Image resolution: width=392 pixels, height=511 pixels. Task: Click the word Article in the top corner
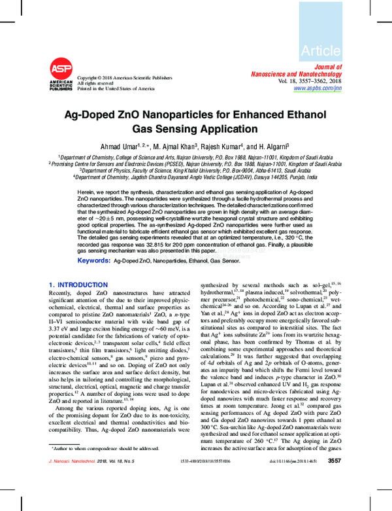click(x=320, y=50)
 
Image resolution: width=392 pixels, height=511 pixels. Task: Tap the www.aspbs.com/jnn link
click(x=318, y=88)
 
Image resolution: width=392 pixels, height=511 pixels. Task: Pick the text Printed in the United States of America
click(x=116, y=88)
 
